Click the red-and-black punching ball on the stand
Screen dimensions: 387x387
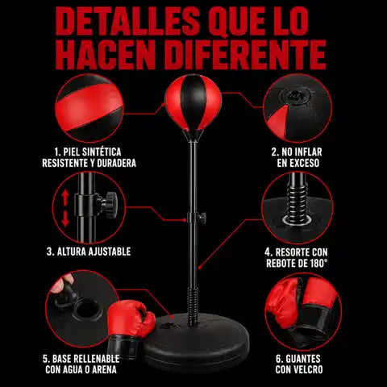point(193,102)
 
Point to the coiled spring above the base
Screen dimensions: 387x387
point(193,306)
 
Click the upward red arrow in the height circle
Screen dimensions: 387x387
point(65,198)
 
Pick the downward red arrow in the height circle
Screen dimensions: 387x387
point(65,218)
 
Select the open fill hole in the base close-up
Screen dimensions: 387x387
point(88,310)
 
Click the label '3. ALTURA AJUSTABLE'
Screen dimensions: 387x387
point(89,252)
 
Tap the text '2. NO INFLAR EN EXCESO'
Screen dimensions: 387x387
point(298,157)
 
